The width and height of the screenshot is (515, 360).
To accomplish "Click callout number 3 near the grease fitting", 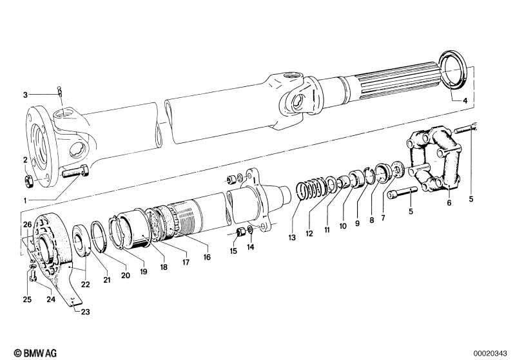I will (x=26, y=95).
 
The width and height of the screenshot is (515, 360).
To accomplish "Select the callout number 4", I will (x=466, y=101).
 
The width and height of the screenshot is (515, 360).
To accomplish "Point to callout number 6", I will (x=449, y=203).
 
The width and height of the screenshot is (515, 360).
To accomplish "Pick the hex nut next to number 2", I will (x=29, y=178).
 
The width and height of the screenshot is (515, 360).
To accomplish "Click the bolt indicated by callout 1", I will (x=75, y=173).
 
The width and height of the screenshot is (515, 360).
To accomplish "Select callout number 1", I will (x=26, y=200).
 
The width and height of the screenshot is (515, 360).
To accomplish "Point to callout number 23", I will (x=85, y=312).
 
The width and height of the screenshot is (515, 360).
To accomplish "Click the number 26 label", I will (x=27, y=224).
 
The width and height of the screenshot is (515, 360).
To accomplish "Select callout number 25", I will (x=27, y=299).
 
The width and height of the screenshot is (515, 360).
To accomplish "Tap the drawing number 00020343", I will (x=491, y=352).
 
